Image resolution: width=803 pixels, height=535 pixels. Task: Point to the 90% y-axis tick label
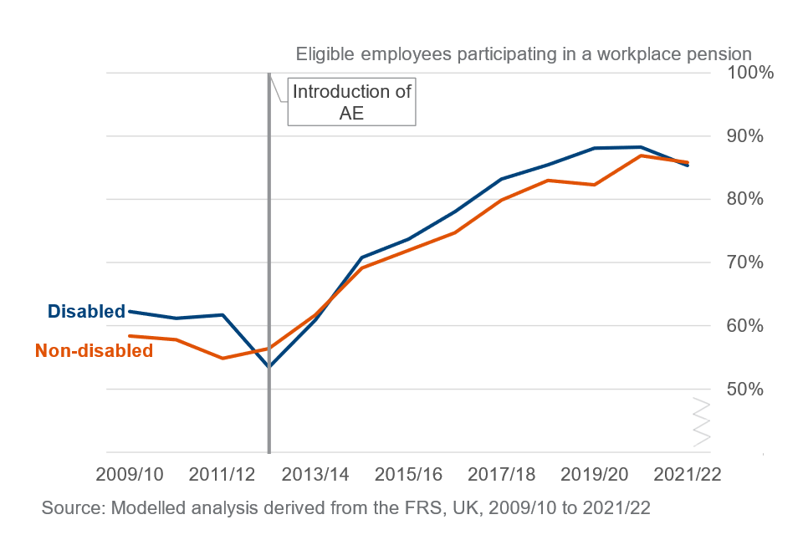coord(743,135)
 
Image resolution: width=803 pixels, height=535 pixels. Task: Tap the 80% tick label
coord(743,199)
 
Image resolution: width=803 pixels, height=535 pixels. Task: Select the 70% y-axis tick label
coord(743,262)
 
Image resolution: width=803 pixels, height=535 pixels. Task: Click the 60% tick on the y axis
coord(743,326)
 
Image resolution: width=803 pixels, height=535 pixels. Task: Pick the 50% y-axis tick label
coord(743,390)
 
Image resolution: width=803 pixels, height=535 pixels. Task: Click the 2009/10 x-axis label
coord(130,473)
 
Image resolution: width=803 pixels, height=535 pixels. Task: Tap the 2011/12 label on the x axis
coord(222,473)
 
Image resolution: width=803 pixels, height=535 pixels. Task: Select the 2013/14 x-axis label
coord(315,473)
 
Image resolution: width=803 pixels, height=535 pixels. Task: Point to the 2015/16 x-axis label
coord(408,473)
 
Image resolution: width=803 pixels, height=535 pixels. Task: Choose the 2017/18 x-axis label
coord(501,473)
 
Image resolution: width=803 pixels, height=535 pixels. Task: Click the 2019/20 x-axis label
coord(594,473)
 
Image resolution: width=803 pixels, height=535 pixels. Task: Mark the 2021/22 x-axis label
coord(687,473)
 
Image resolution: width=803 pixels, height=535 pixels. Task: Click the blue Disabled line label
coord(86,311)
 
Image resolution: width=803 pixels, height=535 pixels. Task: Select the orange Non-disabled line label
coord(95,351)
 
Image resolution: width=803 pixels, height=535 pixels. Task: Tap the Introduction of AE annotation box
coord(351,102)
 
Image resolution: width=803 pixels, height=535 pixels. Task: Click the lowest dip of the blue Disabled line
coord(269,366)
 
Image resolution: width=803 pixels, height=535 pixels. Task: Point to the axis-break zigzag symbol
coord(701,420)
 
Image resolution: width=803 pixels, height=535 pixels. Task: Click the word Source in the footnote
coord(70,507)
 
